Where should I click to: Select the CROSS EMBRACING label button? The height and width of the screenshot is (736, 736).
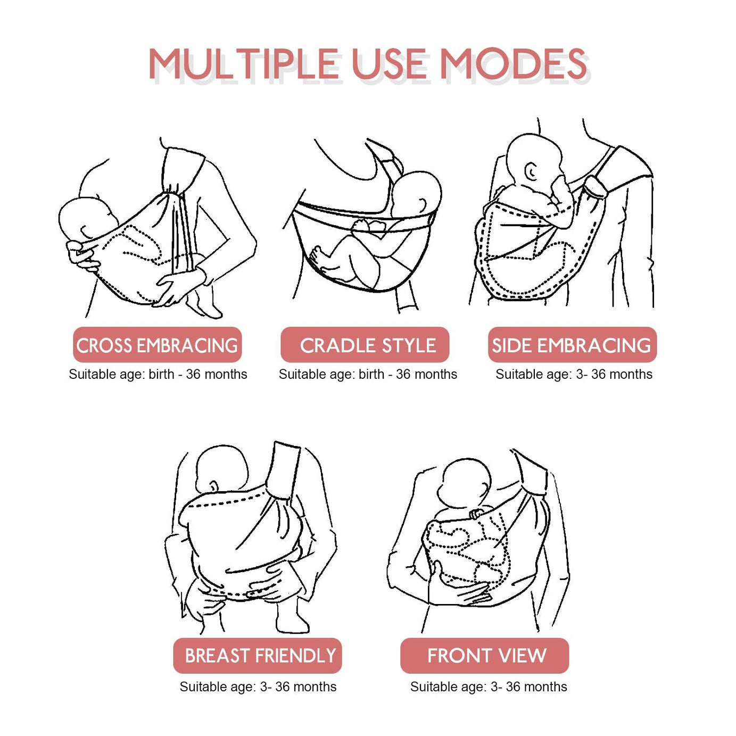click(157, 344)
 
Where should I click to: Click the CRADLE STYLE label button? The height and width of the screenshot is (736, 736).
click(365, 344)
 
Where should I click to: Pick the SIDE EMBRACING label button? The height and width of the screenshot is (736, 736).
click(572, 344)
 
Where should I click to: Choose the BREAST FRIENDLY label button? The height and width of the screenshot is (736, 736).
click(258, 656)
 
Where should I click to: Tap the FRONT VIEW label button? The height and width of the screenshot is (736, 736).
click(484, 656)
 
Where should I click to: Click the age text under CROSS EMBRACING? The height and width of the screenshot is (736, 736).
click(158, 374)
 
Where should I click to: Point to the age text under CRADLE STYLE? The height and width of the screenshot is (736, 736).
click(368, 374)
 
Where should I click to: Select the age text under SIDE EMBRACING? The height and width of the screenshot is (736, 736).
click(574, 374)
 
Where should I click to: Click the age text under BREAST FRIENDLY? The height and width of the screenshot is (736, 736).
click(258, 687)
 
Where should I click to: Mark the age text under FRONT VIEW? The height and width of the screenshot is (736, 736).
click(489, 687)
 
